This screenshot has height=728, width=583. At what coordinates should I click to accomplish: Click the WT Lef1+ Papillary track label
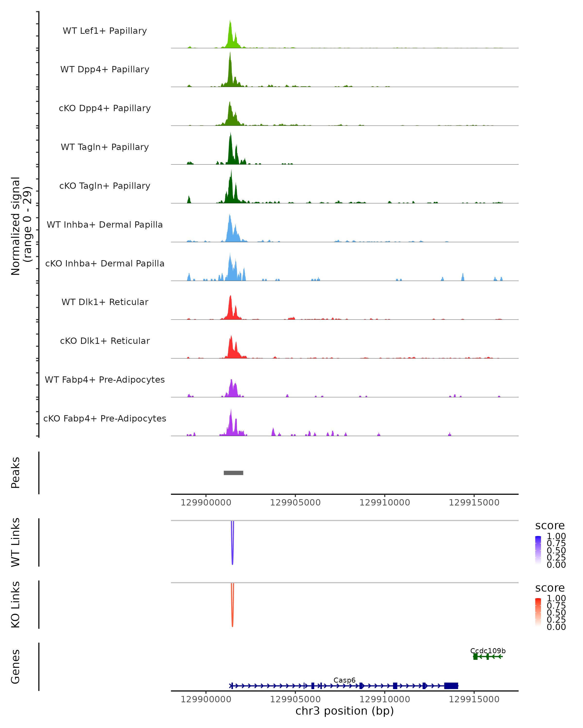tap(105, 31)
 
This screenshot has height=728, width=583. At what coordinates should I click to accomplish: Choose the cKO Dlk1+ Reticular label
tap(105, 341)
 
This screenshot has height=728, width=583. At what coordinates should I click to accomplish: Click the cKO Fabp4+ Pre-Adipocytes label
tap(105, 418)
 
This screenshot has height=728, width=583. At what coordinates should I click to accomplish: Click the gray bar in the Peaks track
tap(233, 473)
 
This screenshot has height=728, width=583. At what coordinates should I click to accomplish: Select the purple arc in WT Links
tap(232, 554)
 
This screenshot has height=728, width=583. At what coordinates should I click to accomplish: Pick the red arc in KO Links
tap(232, 616)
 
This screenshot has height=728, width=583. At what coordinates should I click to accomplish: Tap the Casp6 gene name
tap(344, 680)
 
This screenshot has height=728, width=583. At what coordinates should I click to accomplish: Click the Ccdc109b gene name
tap(488, 651)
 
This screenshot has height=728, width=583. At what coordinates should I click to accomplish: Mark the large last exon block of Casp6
tap(451, 686)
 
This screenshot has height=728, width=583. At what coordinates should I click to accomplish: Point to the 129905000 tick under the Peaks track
tap(295, 503)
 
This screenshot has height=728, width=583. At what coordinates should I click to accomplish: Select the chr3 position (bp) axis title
tap(344, 711)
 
